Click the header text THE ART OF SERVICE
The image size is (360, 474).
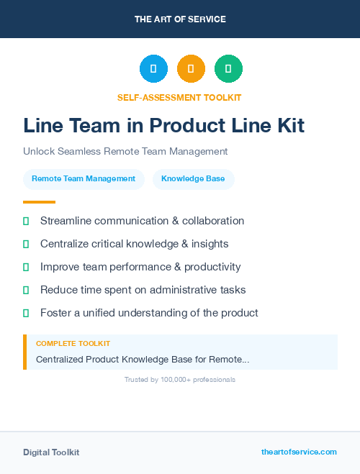point(180,19)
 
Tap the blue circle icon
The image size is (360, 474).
point(153,68)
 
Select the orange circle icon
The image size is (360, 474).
point(191,68)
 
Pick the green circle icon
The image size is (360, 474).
point(228,68)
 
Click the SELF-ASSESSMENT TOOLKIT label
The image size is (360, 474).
point(179,97)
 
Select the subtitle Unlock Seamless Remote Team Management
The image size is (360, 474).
point(125,152)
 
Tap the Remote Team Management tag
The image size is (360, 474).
point(84,178)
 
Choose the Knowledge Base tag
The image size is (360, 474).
point(193,178)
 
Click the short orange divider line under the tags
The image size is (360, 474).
point(39,202)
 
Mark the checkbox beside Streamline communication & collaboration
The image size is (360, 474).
point(26,221)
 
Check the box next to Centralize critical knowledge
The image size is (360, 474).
point(26,244)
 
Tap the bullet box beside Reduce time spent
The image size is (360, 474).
point(26,290)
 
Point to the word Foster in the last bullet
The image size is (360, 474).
point(55,313)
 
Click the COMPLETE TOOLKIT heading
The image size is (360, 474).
point(73,344)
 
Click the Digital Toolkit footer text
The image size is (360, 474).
point(51,452)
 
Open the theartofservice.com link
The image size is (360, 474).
point(299,452)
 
